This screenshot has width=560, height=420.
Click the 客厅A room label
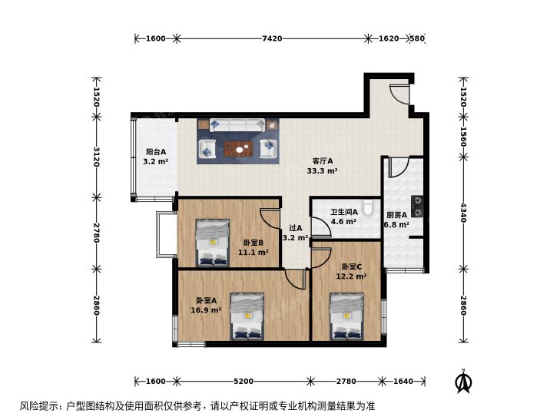(323, 161)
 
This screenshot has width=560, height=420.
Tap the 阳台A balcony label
(156, 152)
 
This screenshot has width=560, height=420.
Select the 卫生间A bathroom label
(344, 212)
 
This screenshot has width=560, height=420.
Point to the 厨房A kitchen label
(397, 215)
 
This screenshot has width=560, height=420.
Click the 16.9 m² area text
(206, 310)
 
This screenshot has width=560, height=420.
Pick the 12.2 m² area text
(351, 276)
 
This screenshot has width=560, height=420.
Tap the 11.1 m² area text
(253, 253)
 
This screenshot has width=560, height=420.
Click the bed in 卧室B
(213, 243)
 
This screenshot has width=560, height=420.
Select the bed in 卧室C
(346, 316)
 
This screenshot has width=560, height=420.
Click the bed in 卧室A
(247, 316)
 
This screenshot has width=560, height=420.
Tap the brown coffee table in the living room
(238, 149)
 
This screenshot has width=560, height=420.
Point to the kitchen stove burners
(417, 207)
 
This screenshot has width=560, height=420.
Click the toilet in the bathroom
(367, 207)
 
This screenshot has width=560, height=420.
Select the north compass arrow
(463, 381)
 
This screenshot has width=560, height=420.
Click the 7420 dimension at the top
(272, 38)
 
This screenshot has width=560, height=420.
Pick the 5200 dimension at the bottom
(244, 382)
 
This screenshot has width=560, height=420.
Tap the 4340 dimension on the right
(463, 213)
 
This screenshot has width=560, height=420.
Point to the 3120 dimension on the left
(96, 157)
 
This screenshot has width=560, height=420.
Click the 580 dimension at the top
(417, 38)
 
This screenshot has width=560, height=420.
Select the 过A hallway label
(295, 228)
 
